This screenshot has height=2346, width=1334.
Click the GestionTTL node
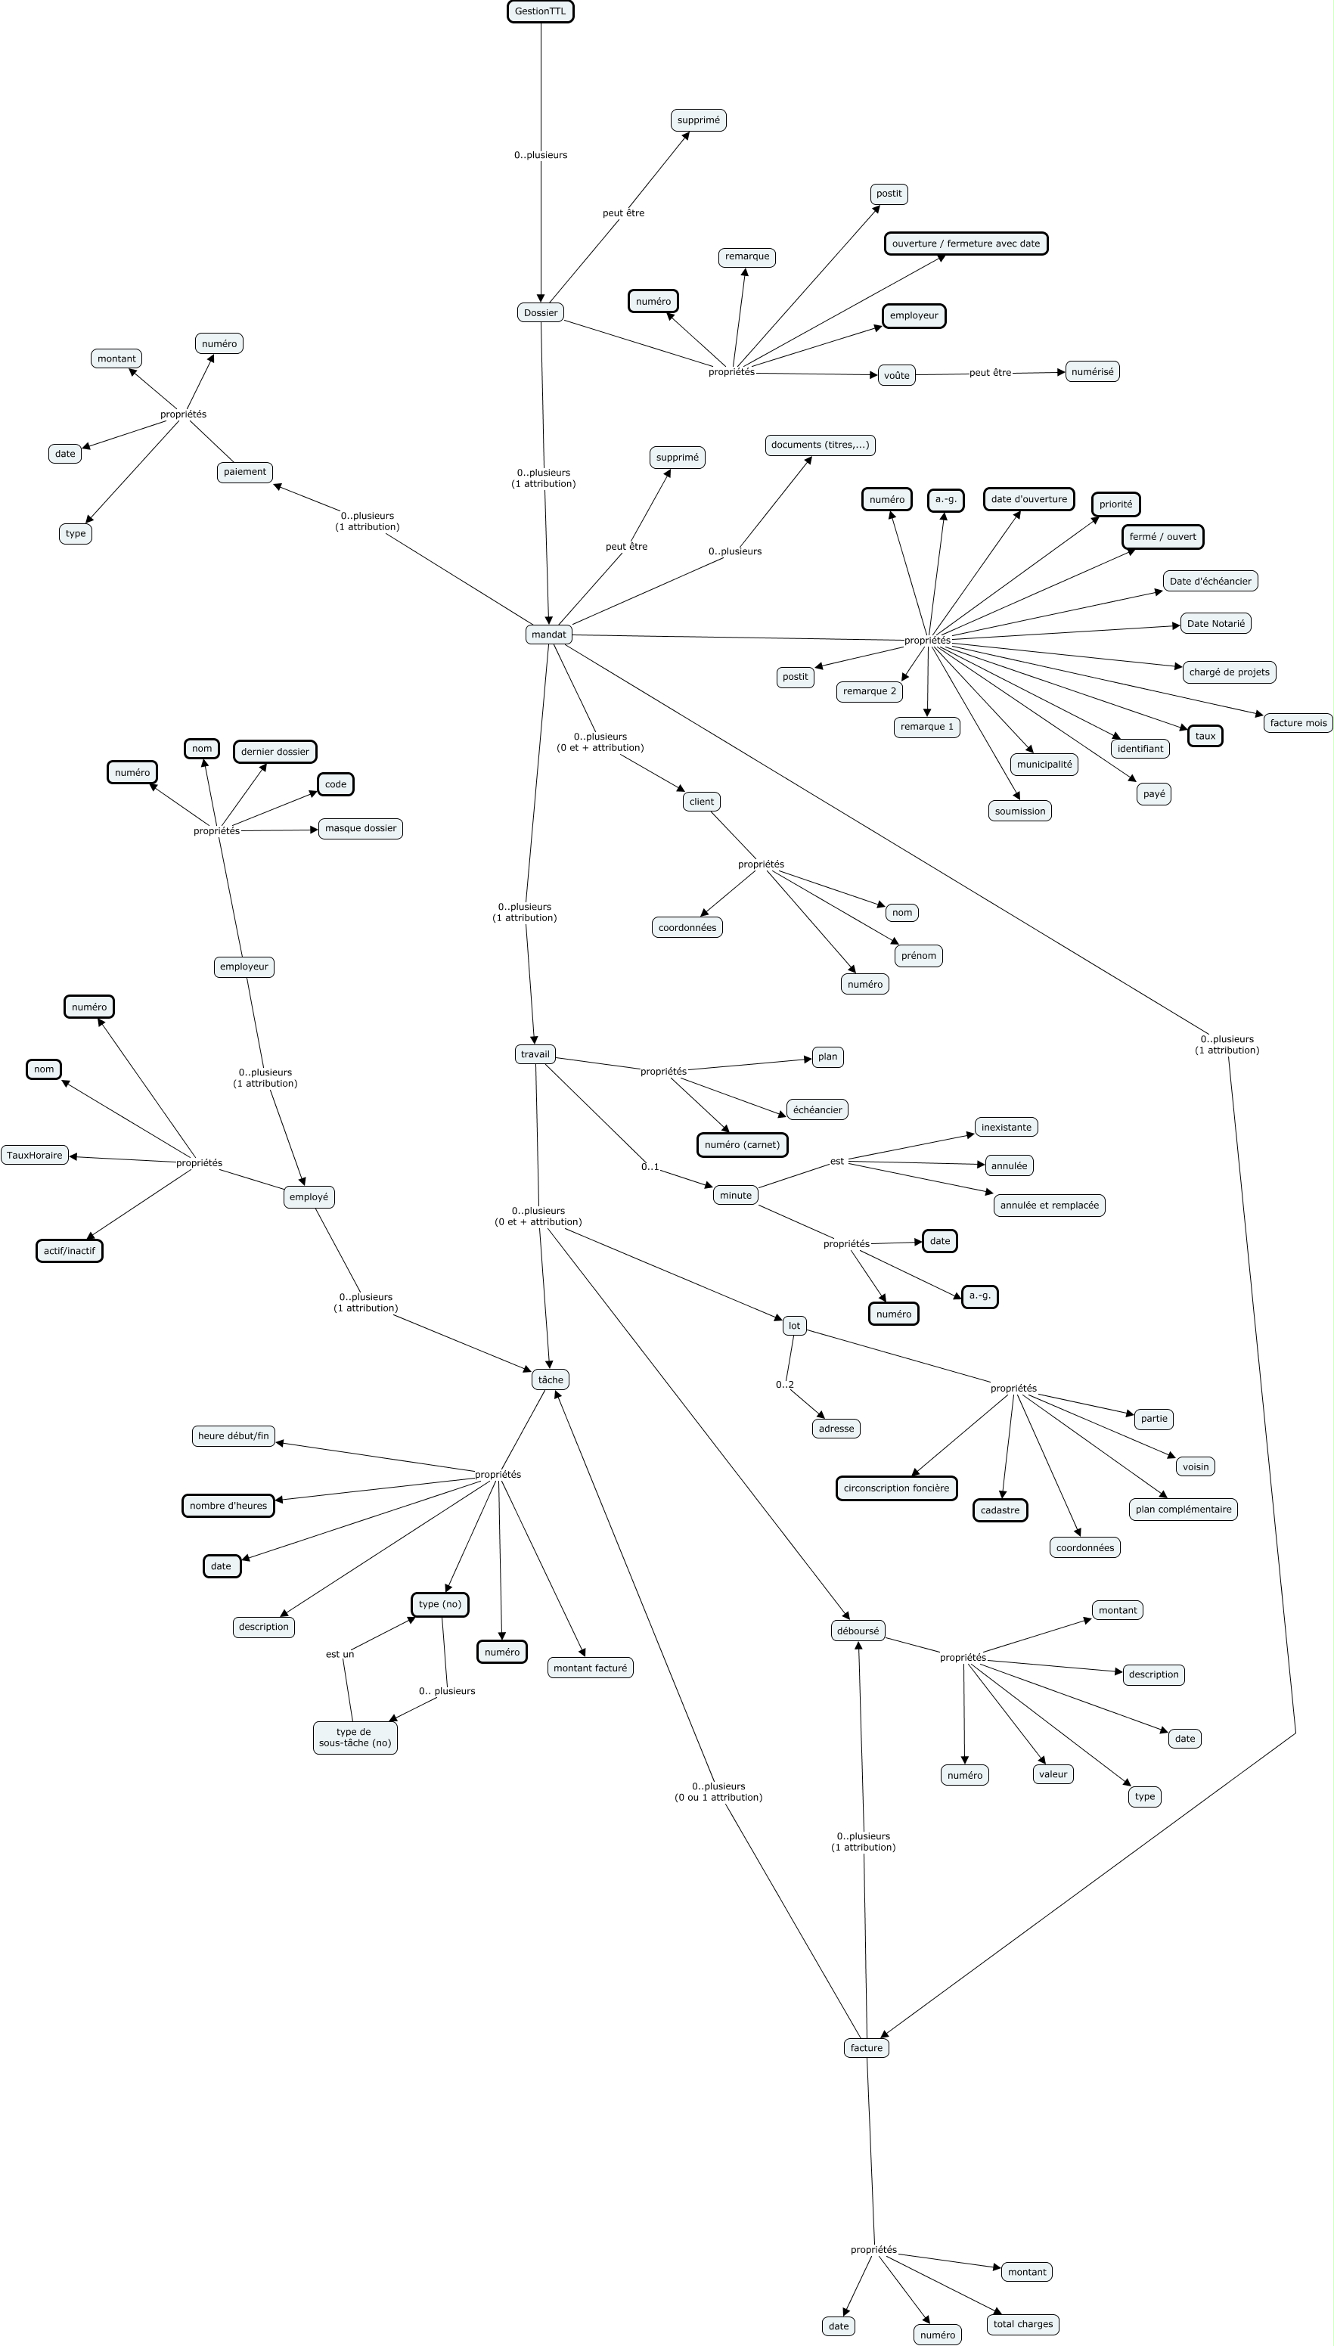pyautogui.click(x=540, y=11)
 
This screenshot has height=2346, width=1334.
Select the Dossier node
pyautogui.click(x=540, y=312)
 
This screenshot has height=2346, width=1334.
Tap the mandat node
pyautogui.click(x=548, y=634)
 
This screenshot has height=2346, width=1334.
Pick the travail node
pyautogui.click(x=535, y=1054)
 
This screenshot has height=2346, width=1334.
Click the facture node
pyautogui.click(x=866, y=2047)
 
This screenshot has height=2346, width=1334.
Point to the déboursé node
pyautogui.click(x=858, y=1631)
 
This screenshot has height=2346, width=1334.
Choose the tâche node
pyautogui.click(x=550, y=1379)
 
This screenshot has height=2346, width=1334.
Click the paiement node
pyautogui.click(x=244, y=472)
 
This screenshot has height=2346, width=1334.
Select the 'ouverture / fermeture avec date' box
pyautogui.click(x=966, y=244)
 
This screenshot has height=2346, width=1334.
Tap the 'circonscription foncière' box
pyautogui.click(x=896, y=1488)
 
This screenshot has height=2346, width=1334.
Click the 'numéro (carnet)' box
pyautogui.click(x=742, y=1144)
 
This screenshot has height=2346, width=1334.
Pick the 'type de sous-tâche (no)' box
pyautogui.click(x=355, y=1737)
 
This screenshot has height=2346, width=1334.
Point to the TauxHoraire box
pyautogui.click(x=35, y=1155)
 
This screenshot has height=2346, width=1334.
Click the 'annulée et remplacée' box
pyautogui.click(x=1049, y=1205)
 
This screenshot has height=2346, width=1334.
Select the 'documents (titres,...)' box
pyautogui.click(x=820, y=445)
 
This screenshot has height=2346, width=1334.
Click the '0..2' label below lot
pyautogui.click(x=784, y=1384)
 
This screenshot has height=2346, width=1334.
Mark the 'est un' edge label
pyautogui.click(x=340, y=1653)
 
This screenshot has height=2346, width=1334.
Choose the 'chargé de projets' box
pyautogui.click(x=1229, y=672)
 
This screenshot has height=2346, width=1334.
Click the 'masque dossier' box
pyautogui.click(x=360, y=828)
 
